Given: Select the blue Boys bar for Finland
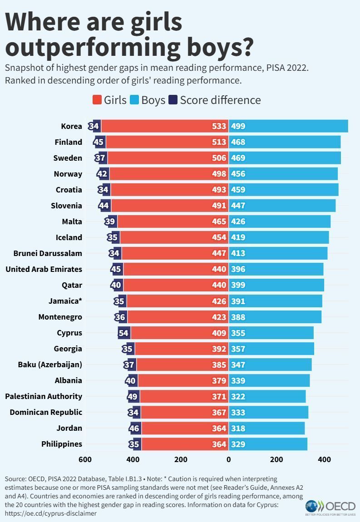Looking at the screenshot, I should point(291,142).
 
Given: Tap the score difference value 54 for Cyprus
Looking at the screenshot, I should point(123,333).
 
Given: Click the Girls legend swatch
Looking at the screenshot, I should point(97,100).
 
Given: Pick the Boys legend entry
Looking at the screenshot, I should point(147,100).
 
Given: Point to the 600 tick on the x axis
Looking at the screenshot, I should point(85,459).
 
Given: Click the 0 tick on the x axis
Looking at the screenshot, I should point(228,459).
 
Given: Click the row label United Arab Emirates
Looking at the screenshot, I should point(44,269).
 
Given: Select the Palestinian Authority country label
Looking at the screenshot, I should point(44,396).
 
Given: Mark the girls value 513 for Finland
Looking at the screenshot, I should point(219,142).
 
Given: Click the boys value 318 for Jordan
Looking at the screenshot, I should point(238,428).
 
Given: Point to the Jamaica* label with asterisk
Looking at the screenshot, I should point(65,301).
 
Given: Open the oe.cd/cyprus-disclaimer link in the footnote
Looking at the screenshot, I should point(50,513).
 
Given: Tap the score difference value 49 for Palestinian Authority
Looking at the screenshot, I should point(133,396).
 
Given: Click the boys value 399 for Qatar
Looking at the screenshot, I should point(238,285).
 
